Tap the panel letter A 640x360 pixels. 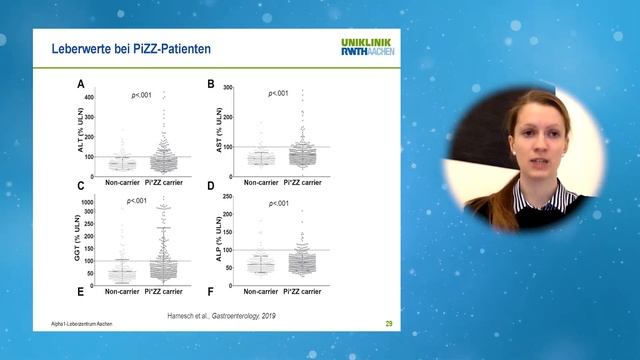[80, 85]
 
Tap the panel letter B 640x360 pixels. [211, 85]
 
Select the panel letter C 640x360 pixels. [80, 186]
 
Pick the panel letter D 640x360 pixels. [211, 186]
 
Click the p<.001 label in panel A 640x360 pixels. [141, 95]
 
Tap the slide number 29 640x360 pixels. [388, 324]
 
